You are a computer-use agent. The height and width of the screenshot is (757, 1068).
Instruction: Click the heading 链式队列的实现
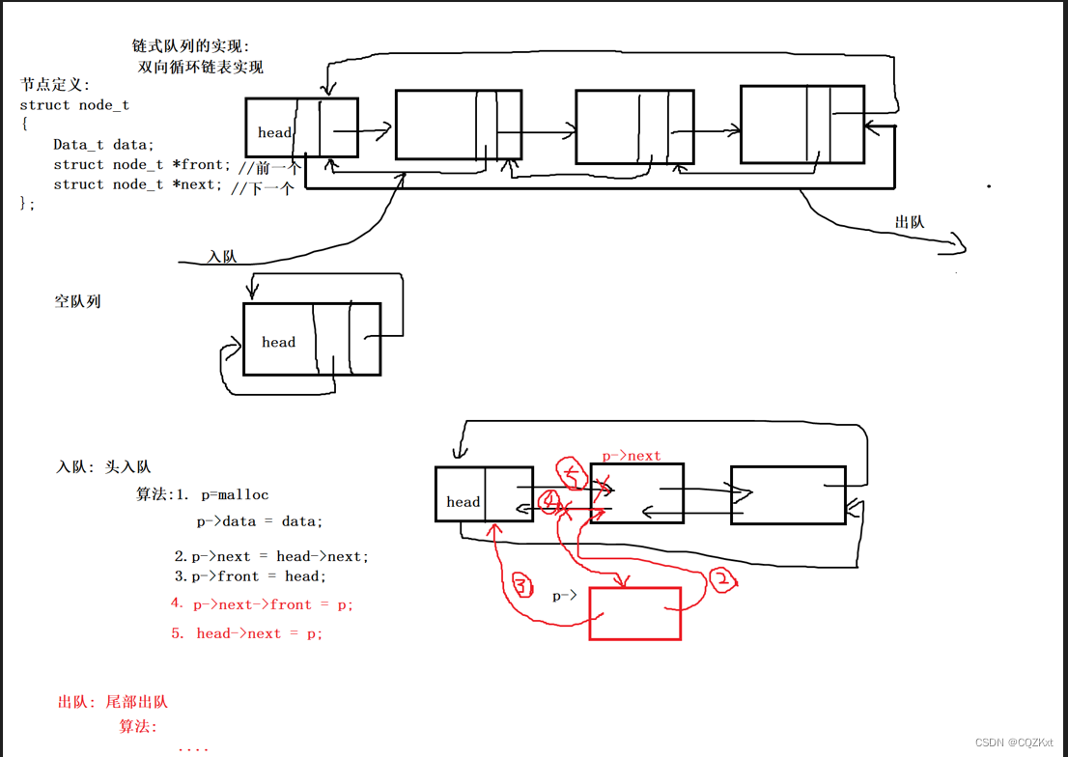click(x=190, y=46)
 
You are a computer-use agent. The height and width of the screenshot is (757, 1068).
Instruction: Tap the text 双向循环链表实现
click(x=200, y=67)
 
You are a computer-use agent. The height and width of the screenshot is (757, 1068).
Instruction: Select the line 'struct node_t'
click(x=74, y=105)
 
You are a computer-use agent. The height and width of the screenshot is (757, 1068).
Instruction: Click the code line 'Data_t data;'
click(x=103, y=145)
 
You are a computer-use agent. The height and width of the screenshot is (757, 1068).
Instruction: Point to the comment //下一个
click(x=262, y=188)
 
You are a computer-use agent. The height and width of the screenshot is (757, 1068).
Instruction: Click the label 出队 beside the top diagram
click(x=910, y=222)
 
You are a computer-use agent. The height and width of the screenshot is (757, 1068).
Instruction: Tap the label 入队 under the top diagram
click(x=222, y=256)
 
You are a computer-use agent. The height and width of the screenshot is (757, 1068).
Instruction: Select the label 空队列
click(x=77, y=301)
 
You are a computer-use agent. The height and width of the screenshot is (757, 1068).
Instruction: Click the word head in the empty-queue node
click(x=278, y=342)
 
